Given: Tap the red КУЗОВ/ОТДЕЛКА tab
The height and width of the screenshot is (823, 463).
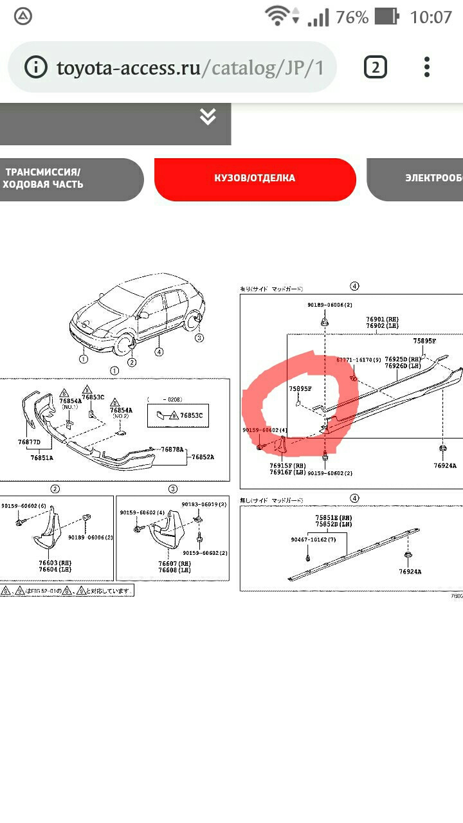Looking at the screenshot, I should pos(255,178).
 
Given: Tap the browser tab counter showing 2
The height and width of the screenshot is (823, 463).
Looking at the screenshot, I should pos(376,67).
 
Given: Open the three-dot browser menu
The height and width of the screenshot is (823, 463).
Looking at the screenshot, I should pos(426,67).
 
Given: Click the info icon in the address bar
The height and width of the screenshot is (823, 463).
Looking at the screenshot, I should pos(36,68).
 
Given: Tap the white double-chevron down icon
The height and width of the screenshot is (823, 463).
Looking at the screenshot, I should pos(207,116).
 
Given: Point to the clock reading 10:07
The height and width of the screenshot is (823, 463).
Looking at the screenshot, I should pos(431,17).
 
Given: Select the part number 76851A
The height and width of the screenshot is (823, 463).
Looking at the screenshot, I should pos(42,457).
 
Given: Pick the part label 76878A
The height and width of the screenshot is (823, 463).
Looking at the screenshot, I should pos(172,449).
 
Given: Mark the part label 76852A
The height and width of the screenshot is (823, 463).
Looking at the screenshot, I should pos(203,457).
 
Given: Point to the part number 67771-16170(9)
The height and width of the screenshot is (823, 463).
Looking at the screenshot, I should pos(358,361).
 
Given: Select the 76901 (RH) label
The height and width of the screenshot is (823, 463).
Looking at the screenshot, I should pos(383,319).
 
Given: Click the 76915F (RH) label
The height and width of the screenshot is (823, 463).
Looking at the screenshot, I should pos(286,465).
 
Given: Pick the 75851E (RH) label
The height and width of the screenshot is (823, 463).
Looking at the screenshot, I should pos(333,518).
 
